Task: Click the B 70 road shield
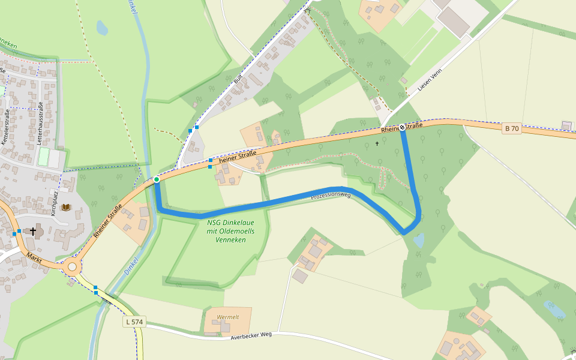tap(511, 128)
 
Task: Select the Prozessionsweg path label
tap(331, 195)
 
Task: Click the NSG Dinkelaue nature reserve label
tap(230, 231)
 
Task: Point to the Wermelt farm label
tap(228, 317)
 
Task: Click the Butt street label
tap(236, 79)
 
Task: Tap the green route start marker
tap(157, 179)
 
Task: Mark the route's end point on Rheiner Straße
tap(403, 129)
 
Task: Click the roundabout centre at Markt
tap(73, 266)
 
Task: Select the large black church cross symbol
tap(33, 231)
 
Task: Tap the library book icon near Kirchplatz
tap(66, 208)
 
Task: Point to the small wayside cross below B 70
tap(377, 143)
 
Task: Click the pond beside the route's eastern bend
tap(419, 241)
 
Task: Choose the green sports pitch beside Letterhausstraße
tap(43, 157)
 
